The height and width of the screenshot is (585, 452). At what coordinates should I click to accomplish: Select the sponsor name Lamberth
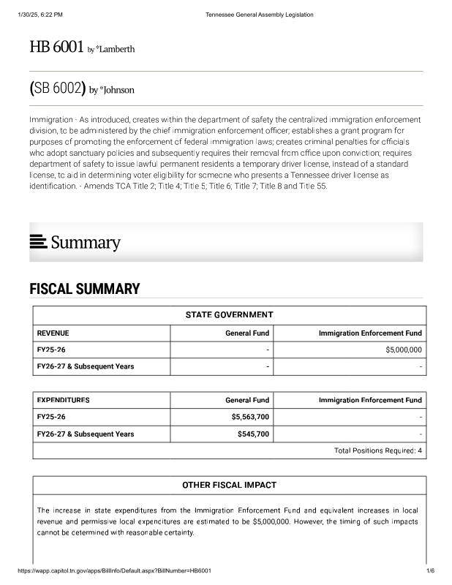[114, 50]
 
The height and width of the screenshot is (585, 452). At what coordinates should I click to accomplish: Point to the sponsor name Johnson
[115, 91]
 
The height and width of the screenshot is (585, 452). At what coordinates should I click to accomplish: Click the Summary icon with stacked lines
[38, 241]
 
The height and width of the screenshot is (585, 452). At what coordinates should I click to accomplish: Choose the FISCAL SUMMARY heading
[84, 289]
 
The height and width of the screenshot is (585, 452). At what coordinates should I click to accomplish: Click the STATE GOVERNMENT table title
[229, 315]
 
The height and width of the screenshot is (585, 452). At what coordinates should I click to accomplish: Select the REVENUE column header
[53, 333]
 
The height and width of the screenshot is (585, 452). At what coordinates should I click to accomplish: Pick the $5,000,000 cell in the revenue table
[403, 350]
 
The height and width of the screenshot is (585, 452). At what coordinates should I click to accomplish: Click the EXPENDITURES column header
[63, 400]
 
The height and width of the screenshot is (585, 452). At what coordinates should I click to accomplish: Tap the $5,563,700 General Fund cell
[250, 417]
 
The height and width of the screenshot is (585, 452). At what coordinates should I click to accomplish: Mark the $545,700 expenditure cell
[253, 434]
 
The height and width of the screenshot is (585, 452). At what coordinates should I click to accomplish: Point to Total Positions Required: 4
[378, 450]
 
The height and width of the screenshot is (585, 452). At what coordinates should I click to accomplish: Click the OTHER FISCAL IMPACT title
[229, 486]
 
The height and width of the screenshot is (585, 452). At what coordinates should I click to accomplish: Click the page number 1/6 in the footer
[430, 570]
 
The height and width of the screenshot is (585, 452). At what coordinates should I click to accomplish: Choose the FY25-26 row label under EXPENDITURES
[51, 417]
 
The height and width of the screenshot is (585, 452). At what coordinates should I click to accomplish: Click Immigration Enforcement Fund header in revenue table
[370, 333]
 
